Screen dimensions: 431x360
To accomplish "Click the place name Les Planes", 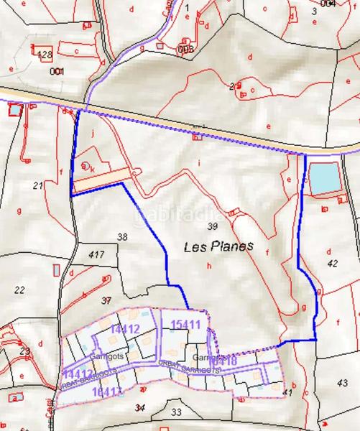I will click(x=218, y=246).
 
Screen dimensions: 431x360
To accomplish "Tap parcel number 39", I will click(x=211, y=226).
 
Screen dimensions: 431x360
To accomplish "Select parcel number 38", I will click(x=122, y=236).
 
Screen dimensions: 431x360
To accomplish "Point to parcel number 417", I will click(x=97, y=255).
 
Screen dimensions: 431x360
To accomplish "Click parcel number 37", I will click(x=106, y=300).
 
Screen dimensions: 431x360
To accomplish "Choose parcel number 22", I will click(x=19, y=290).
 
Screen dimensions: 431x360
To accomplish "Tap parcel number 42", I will click(x=331, y=264).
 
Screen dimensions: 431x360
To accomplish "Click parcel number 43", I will click(x=342, y=383).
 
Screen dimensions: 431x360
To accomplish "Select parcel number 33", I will click(x=177, y=412).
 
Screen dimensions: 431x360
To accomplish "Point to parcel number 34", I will click(x=140, y=407).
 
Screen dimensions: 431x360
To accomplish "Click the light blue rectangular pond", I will click(x=323, y=177).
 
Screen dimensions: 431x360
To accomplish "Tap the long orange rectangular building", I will click(x=103, y=179).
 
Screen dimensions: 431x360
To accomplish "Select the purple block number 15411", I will click(x=185, y=325).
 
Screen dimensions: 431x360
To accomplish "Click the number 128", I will click(x=44, y=55).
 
